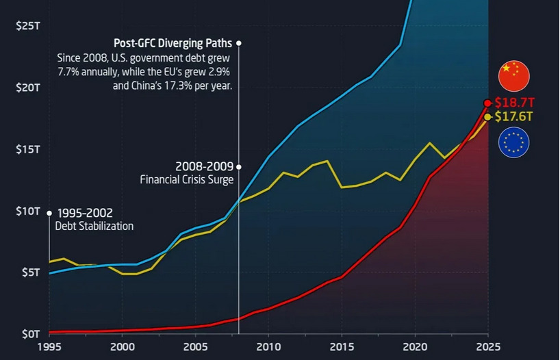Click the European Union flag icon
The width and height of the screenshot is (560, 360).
513,143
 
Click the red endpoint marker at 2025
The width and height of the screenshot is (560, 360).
487,103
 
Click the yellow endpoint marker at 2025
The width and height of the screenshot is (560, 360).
487,117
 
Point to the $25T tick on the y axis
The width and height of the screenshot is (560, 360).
27,26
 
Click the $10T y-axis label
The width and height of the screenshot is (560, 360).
27,211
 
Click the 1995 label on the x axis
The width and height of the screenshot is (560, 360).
49,348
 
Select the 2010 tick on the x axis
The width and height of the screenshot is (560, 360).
268,348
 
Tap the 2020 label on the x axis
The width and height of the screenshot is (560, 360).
415,348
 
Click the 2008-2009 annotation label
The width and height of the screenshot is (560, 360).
204,166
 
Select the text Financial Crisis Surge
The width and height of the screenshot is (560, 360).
187,179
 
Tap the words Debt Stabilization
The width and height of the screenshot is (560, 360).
94,226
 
